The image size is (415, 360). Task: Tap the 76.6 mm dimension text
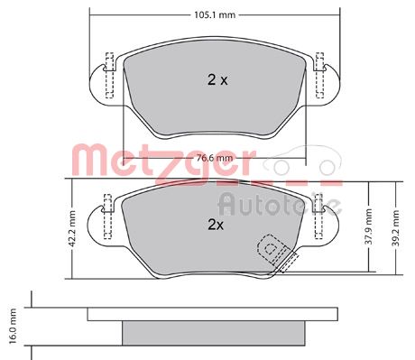tap(213, 159)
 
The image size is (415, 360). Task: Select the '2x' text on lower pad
tap(214, 223)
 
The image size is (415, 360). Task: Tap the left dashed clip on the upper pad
tap(108, 73)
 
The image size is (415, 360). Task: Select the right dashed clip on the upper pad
tap(318, 73)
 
